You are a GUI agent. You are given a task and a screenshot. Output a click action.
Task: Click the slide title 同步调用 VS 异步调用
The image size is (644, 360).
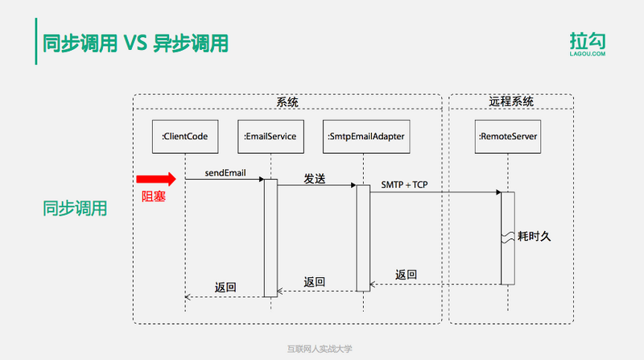(x=135, y=43)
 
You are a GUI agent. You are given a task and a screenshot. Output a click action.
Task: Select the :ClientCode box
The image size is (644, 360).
(x=185, y=137)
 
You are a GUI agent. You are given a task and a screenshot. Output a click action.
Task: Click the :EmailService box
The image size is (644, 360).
(x=270, y=137)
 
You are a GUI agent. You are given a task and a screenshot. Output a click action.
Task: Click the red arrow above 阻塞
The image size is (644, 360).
(x=155, y=179)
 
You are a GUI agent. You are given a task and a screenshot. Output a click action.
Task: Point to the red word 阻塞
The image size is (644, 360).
(x=153, y=195)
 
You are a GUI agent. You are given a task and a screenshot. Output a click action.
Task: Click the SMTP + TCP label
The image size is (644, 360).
(x=404, y=184)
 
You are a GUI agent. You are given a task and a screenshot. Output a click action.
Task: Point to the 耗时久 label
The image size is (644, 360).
(x=535, y=238)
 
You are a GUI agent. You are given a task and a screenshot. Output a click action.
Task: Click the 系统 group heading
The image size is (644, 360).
(x=287, y=102)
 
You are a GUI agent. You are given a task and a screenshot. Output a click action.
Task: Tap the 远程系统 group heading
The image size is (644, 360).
(x=510, y=102)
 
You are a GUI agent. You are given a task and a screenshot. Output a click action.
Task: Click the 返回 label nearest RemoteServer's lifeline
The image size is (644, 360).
(x=407, y=275)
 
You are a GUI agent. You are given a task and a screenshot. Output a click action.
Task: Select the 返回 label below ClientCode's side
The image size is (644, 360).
(x=225, y=287)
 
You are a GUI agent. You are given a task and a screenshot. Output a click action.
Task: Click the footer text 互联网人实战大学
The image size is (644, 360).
(x=320, y=350)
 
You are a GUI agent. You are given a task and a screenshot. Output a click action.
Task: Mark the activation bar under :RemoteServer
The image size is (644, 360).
(x=507, y=238)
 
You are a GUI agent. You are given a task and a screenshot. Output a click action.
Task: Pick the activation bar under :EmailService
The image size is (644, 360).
(x=270, y=238)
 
